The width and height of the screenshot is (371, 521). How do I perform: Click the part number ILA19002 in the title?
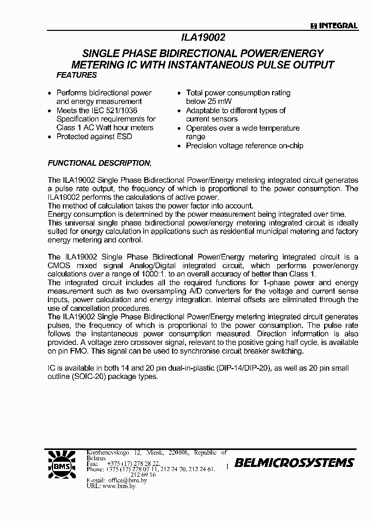(x=204, y=38)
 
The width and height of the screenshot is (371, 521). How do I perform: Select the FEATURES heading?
(x=76, y=75)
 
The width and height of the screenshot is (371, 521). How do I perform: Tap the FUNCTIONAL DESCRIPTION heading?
(x=99, y=163)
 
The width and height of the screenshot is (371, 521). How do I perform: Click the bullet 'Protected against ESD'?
(x=94, y=136)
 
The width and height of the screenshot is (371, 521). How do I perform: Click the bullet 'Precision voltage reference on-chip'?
(x=244, y=146)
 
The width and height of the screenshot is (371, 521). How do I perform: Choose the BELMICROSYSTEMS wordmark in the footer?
(x=294, y=463)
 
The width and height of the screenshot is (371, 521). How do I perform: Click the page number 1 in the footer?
(x=227, y=466)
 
